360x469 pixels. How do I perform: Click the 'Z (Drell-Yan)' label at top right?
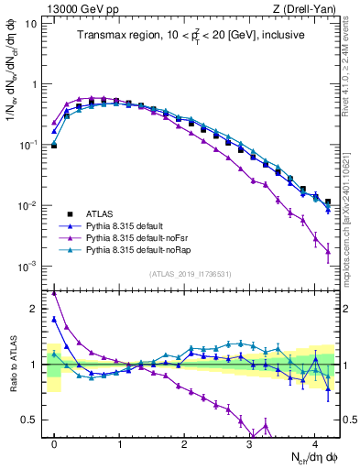coord(308,7)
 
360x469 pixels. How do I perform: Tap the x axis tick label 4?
coord(314,442)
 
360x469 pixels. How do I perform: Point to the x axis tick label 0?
coord(54,442)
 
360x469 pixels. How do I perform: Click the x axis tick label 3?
coord(249,442)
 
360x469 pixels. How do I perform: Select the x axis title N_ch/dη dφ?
coord(311,457)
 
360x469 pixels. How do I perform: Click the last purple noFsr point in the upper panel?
coord(327,252)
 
